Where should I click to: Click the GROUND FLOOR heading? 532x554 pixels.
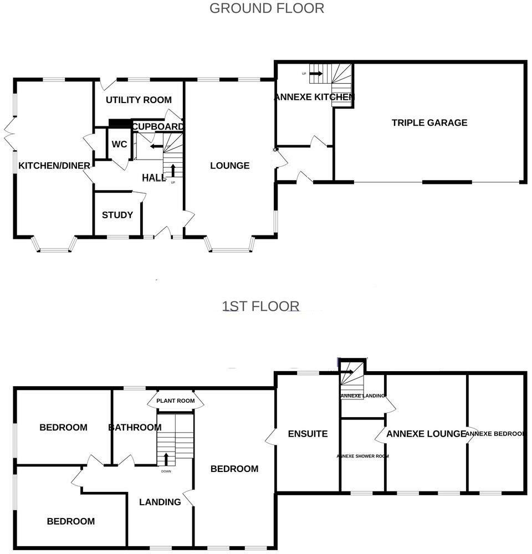(x=267, y=8)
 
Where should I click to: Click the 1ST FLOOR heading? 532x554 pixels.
(x=260, y=306)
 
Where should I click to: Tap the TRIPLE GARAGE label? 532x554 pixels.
(x=429, y=122)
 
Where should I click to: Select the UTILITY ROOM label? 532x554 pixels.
(x=139, y=100)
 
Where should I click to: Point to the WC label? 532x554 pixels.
(x=119, y=144)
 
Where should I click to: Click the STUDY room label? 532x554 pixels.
(x=117, y=215)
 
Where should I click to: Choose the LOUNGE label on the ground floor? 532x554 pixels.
(x=230, y=166)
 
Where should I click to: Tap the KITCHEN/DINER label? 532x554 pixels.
(x=54, y=166)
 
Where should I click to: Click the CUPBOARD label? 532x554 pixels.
(x=158, y=127)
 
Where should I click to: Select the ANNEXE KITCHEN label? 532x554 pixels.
(x=314, y=98)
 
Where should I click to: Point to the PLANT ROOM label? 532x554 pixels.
(x=175, y=401)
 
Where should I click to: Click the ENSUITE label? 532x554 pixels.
(x=308, y=434)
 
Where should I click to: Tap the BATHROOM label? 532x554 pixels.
(x=135, y=427)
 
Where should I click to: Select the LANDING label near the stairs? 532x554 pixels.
(x=160, y=502)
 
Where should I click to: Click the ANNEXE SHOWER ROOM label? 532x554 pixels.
(x=362, y=456)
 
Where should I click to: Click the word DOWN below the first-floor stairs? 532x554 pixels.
(x=166, y=471)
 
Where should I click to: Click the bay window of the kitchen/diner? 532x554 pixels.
(x=54, y=247)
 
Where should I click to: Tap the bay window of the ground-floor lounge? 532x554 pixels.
(x=231, y=247)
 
